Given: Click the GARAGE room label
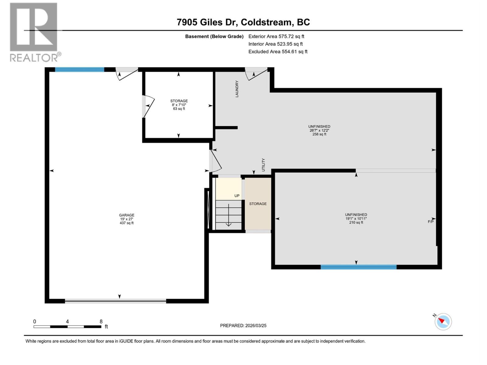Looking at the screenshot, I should coord(127,215).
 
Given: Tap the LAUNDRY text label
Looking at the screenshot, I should coord(237,89).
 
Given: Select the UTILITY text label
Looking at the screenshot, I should coord(264,165).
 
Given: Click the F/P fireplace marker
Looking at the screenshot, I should coord(430,222).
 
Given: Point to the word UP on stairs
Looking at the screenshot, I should coord(237,196).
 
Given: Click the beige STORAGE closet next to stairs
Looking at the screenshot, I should coord(258,204).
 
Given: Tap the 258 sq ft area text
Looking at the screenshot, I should coord(319,134).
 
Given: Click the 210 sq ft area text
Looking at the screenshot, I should coord(356,222).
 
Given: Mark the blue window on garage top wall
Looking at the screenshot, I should coord(79,69).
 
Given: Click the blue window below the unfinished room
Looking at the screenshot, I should coord(358,267).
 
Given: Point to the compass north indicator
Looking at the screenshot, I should coord(443,321).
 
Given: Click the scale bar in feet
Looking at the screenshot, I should coord(67,327).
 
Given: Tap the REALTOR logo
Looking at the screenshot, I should coord(34,32).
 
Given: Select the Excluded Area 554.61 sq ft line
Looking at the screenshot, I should coord(278,52).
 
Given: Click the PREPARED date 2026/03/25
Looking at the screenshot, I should coord(243,325).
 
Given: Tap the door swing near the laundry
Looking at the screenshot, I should coord(256,75).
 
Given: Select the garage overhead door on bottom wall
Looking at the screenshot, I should coord(115,301).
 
